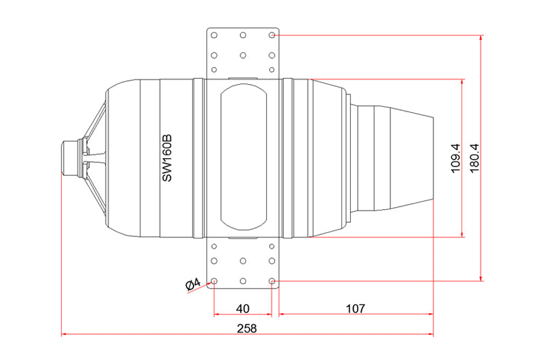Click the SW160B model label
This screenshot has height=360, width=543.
click(x=167, y=158)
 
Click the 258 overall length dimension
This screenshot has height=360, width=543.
click(x=247, y=328)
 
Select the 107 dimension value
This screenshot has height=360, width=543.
click(x=356, y=308)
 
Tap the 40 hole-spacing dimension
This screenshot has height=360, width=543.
click(x=242, y=308)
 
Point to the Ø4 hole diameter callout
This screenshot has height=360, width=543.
click(x=193, y=284)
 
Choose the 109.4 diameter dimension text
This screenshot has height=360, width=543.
click(x=455, y=158)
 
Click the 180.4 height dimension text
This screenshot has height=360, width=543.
click(x=474, y=158)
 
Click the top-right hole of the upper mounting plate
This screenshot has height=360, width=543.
click(x=272, y=35)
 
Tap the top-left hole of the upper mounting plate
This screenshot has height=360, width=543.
click(x=214, y=35)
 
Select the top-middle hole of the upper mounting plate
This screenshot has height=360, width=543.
click(x=243, y=35)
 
